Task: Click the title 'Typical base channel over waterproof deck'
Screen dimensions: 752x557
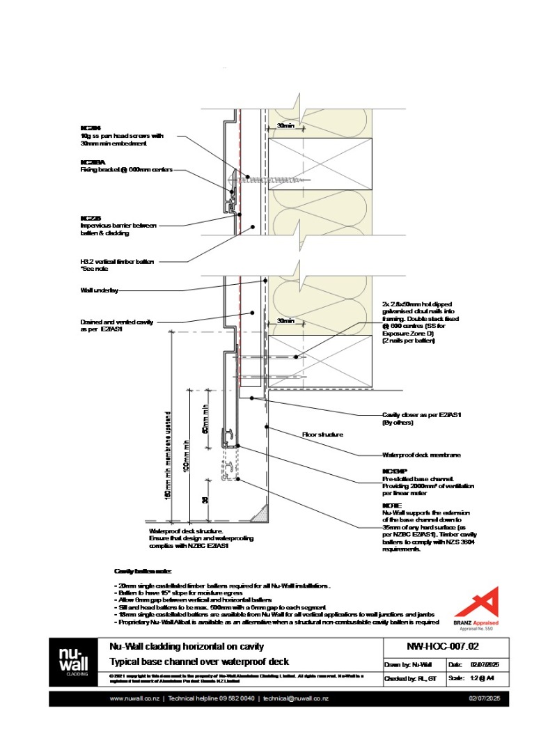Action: pos(199,661)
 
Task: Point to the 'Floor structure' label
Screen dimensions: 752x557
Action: pos(322,434)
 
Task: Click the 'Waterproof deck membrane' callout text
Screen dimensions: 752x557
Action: pos(411,455)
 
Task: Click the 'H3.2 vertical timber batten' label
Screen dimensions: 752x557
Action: pos(117,265)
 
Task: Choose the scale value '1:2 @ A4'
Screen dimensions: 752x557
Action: pos(484,678)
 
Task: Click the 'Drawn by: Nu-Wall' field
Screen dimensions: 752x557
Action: pos(409,665)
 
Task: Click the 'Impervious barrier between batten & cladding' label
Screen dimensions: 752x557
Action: pos(118,229)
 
